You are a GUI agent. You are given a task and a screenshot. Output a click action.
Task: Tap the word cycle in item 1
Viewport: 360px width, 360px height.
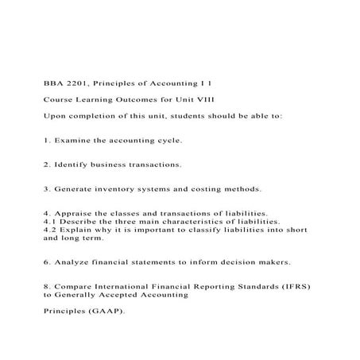tap(166, 140)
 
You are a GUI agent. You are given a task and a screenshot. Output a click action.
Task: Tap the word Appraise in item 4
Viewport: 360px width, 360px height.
tap(75, 213)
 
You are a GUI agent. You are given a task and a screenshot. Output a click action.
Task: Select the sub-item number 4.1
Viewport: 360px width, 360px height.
tap(49, 222)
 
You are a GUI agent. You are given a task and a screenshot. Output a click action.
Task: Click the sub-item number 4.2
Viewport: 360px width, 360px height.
tap(49, 230)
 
